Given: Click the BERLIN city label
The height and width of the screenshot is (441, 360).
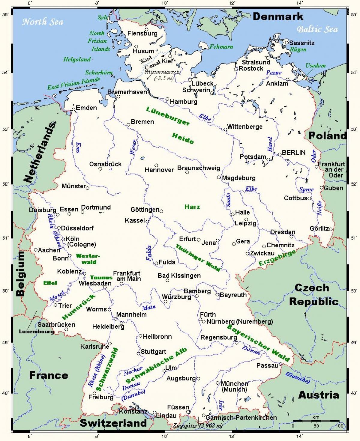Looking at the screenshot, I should [293, 152].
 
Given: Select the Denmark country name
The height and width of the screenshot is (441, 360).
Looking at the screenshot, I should [278, 16].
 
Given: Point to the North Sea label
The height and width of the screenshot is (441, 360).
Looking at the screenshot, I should [43, 22].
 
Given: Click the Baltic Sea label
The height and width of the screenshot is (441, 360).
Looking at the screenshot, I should [317, 29].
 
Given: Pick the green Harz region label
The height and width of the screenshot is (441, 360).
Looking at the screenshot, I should [192, 207].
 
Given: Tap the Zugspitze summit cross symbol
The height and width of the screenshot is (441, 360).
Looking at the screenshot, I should [199, 421].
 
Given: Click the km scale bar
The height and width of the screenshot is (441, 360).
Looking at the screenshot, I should [316, 421].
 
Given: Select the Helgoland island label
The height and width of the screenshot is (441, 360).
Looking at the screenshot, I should [77, 59].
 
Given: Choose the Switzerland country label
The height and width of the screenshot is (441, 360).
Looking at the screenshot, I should [113, 423].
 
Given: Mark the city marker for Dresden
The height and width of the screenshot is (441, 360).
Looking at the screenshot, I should [291, 237].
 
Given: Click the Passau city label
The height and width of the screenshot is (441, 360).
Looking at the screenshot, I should [267, 365].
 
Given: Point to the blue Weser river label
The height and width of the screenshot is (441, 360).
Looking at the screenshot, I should [133, 147].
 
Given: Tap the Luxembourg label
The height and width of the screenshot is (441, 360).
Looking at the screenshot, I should [36, 331].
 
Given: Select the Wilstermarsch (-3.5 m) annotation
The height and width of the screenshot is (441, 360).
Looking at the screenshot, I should [162, 75].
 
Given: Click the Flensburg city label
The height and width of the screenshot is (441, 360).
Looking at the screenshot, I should [142, 33].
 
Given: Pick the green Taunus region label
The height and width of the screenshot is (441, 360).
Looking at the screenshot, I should [101, 278].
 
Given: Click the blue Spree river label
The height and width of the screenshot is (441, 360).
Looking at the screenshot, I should [306, 189].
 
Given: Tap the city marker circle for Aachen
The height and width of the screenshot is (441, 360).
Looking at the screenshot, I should [36, 250].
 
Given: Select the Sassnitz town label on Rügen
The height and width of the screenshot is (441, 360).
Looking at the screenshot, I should [302, 43].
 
